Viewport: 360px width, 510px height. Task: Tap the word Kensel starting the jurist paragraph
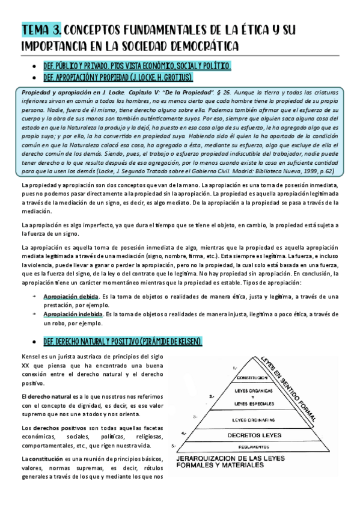pyautogui.click(x=31, y=358)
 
